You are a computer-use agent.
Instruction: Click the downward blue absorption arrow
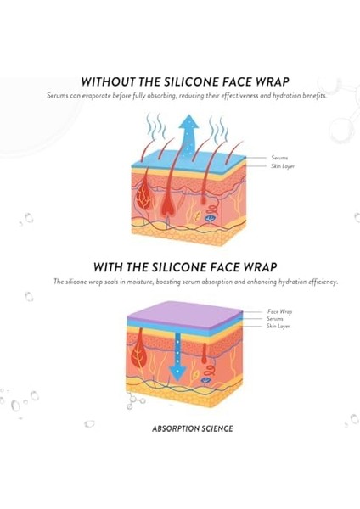[x=177, y=357]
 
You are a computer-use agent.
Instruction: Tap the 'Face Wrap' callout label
[x=279, y=311]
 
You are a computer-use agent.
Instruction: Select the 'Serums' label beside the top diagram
[x=279, y=158]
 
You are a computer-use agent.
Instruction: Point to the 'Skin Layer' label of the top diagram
[x=283, y=166]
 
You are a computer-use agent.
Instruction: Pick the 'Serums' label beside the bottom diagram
[x=275, y=319]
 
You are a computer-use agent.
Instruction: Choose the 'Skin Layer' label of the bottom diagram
[x=278, y=326]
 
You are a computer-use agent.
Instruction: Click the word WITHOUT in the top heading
[x=109, y=81]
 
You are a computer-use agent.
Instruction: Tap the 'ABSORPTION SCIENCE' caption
[x=193, y=428]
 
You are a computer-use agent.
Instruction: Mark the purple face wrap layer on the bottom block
[x=184, y=313]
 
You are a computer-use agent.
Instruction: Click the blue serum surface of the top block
[x=188, y=159]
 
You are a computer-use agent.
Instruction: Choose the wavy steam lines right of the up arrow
[x=218, y=128]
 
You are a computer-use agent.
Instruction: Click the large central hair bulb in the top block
[x=169, y=199]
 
